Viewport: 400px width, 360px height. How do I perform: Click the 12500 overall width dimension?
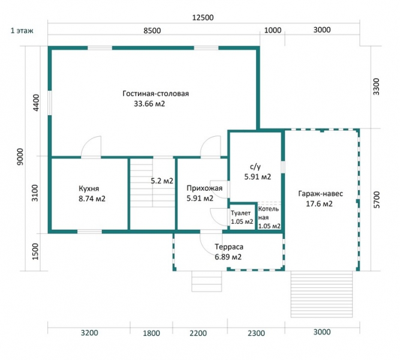tap(203, 17)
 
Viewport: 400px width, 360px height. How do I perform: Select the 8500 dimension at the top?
tap(152, 31)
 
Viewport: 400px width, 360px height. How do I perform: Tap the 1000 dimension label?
tap(273, 31)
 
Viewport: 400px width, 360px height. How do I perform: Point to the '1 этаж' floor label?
tap(22, 31)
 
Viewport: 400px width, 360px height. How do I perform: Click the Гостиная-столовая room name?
tap(155, 94)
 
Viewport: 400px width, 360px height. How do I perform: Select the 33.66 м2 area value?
tap(149, 104)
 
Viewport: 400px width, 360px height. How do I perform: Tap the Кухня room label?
tap(89, 188)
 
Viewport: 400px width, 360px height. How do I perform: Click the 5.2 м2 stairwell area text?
tap(162, 181)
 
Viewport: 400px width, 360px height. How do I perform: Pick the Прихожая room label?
tap(204, 188)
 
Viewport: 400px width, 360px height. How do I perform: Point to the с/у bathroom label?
tap(255, 167)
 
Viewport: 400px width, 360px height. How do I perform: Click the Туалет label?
tap(240, 213)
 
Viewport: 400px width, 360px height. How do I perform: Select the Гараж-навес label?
tap(320, 194)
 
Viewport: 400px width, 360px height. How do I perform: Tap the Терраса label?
tap(229, 247)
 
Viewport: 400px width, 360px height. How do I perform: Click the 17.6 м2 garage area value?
tap(320, 204)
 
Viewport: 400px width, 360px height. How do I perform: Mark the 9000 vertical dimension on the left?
tap(20, 157)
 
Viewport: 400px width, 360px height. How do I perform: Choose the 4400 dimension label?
tap(37, 103)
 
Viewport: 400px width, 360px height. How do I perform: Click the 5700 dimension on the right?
tap(376, 199)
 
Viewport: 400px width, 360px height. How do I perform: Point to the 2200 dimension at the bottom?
tap(199, 333)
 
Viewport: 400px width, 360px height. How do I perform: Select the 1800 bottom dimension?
tap(151, 333)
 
